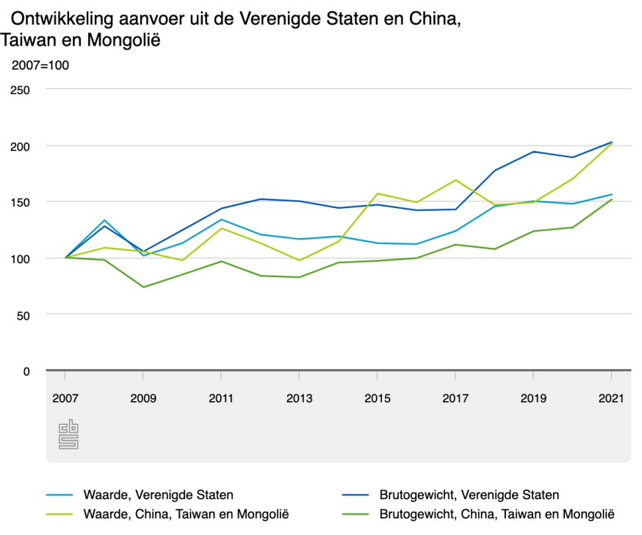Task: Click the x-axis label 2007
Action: pos(65,398)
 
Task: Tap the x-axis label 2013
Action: pos(299,398)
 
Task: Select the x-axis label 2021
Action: pos(611,398)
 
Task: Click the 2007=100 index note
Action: pos(40,65)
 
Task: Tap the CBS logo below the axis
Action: pos(68,435)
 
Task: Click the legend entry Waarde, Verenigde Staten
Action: pos(158,495)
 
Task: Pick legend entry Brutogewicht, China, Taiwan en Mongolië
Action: pos(497,514)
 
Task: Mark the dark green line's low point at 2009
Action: pos(143,287)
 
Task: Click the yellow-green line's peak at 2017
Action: pos(455,180)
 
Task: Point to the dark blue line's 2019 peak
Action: pos(533,151)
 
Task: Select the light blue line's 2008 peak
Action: pos(104,220)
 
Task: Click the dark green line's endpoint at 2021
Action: pos(611,199)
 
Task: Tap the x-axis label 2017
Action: pos(455,398)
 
